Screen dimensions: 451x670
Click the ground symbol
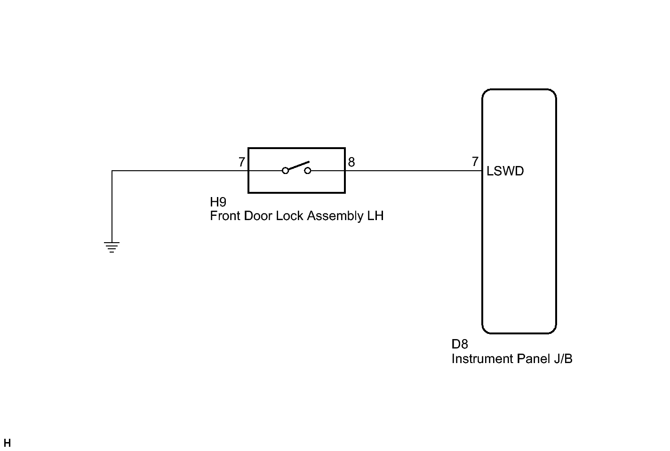[x=112, y=247]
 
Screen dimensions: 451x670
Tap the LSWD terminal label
[x=505, y=171]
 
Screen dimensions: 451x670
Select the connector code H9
[x=218, y=202]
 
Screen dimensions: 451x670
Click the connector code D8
[x=460, y=344]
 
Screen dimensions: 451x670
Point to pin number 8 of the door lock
[x=351, y=162]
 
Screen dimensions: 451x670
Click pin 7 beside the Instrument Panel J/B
[x=475, y=162]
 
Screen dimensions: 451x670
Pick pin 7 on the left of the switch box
[x=241, y=162]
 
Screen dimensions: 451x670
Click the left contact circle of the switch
[x=285, y=171]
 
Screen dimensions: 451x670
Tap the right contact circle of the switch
[x=308, y=171]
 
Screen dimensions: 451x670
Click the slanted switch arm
[x=297, y=166]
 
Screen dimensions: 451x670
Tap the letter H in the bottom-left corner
[x=7, y=443]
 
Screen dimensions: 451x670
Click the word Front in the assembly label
[x=225, y=216]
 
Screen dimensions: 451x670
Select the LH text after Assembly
[x=375, y=216]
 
